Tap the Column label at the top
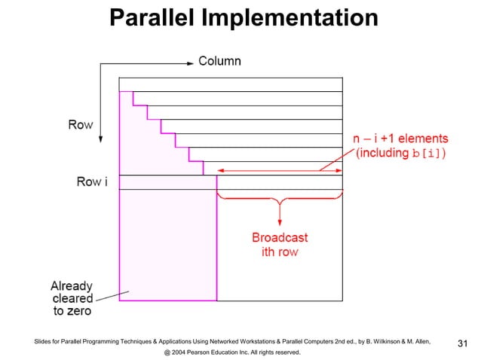(x=219, y=61)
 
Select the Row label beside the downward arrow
(x=80, y=125)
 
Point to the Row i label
(x=91, y=182)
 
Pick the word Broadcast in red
(x=280, y=238)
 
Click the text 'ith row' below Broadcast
(x=280, y=252)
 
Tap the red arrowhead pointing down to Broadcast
(x=280, y=221)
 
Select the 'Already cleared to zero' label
(x=72, y=298)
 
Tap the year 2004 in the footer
(x=179, y=352)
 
